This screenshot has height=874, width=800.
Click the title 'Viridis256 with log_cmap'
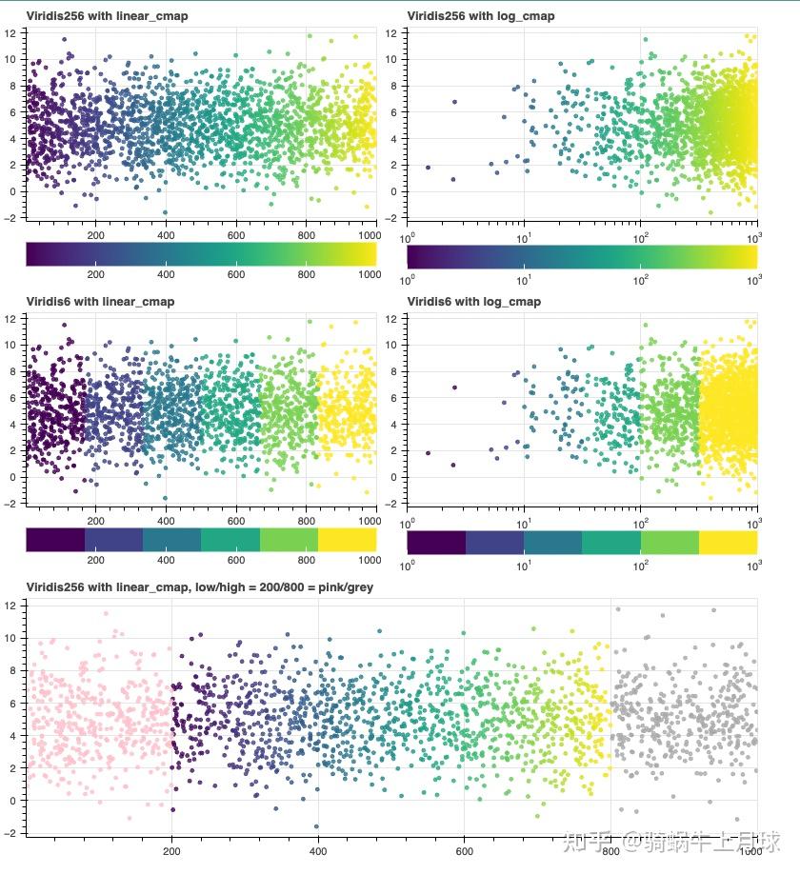(x=480, y=16)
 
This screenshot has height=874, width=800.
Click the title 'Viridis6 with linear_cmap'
(x=100, y=302)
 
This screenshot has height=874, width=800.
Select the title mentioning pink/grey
(x=199, y=587)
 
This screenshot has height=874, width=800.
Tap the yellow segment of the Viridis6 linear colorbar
(x=347, y=540)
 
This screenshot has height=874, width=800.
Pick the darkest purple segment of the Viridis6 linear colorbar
(x=55, y=540)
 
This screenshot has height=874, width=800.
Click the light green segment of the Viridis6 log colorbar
(x=670, y=540)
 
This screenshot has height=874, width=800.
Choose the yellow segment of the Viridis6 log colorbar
(x=728, y=540)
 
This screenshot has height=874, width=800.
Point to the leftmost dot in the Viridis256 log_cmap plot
(x=428, y=168)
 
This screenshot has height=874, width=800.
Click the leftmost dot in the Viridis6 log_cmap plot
(x=428, y=453)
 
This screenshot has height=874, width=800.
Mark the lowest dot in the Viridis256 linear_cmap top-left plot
(x=165, y=212)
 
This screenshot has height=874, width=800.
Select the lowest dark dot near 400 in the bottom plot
(x=317, y=826)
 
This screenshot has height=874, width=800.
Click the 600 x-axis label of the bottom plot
(x=464, y=853)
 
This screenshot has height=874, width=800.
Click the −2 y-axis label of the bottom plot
(x=10, y=833)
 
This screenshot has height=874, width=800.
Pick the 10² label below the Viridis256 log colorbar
(x=641, y=281)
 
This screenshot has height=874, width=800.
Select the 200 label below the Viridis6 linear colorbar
(x=96, y=560)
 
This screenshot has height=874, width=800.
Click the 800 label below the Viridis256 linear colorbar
(x=307, y=274)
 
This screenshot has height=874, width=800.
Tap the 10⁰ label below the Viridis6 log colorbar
(x=409, y=566)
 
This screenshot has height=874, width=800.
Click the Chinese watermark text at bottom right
(x=671, y=842)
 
